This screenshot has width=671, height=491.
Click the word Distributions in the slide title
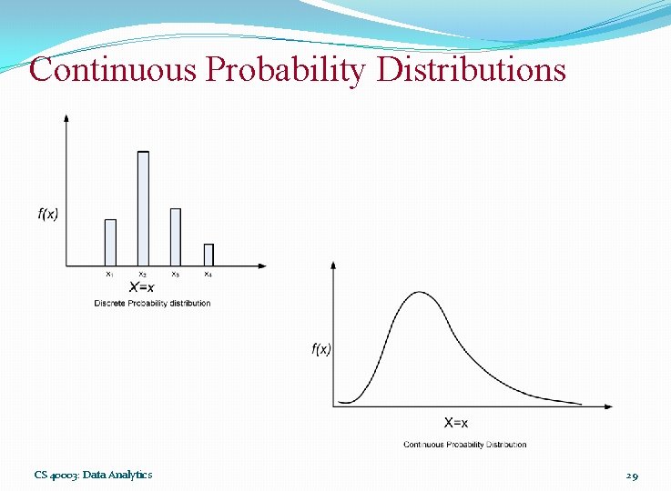(x=470, y=69)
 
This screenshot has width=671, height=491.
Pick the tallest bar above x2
(x=143, y=208)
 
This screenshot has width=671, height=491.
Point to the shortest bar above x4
(x=208, y=255)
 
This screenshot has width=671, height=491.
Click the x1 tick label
(x=109, y=274)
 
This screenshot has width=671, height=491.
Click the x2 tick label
(x=142, y=274)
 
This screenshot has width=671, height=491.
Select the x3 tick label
(x=175, y=274)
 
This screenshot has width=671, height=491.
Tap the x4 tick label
(x=208, y=274)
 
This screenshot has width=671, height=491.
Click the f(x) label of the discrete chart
(x=48, y=215)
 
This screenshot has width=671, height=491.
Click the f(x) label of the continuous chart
(x=320, y=349)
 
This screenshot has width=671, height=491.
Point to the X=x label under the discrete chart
(x=141, y=287)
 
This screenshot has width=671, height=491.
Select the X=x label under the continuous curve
(x=456, y=422)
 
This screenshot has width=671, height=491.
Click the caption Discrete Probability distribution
(x=152, y=303)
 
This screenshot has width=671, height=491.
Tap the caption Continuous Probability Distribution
(x=464, y=445)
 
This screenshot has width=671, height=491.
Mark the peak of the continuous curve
(x=420, y=292)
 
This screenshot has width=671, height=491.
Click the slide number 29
(x=632, y=475)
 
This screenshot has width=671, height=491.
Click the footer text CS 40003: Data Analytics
(x=93, y=475)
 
